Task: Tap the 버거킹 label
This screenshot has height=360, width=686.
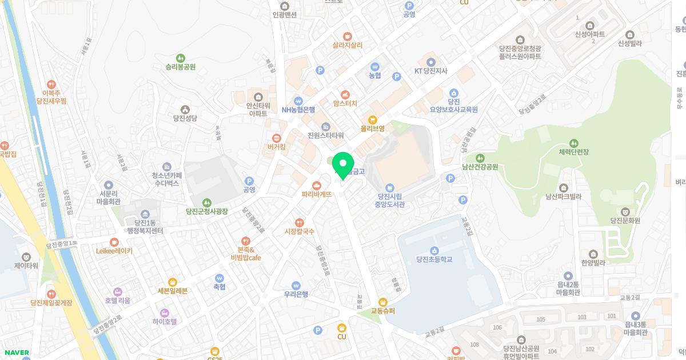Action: [276, 147]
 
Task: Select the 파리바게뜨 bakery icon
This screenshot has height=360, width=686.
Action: [317, 185]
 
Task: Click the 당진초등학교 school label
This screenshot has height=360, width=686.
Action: [434, 259]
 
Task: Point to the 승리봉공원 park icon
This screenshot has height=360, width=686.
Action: [181, 58]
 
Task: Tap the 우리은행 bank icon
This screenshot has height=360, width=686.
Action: [296, 285]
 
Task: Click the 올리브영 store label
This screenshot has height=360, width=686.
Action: [372, 129]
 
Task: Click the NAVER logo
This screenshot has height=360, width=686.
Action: [16, 353]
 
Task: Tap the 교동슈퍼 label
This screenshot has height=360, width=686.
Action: [383, 311]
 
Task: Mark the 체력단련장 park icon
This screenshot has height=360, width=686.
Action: [573, 143]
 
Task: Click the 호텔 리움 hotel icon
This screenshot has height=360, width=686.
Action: [118, 291]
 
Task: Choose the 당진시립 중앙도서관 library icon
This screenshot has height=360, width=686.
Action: [390, 187]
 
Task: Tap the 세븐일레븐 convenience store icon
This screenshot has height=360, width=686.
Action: [172, 282]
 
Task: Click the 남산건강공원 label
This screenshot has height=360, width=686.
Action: [480, 167]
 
